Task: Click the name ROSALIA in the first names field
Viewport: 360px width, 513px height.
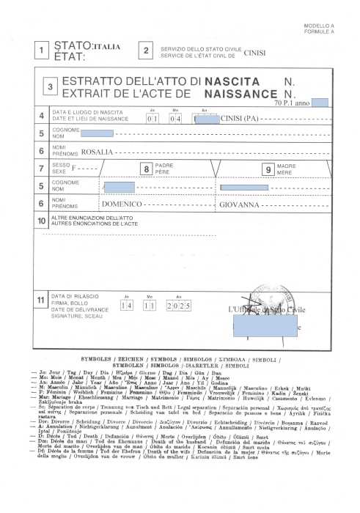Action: (97, 152)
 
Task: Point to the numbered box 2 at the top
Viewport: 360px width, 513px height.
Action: (146, 51)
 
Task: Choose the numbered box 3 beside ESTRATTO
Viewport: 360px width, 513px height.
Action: (50, 86)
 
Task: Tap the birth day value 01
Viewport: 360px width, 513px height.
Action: (153, 117)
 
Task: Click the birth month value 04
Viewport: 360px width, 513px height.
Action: (174, 117)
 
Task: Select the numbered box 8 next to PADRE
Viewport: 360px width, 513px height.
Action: (147, 169)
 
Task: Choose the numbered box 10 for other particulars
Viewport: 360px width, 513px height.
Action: (42, 220)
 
